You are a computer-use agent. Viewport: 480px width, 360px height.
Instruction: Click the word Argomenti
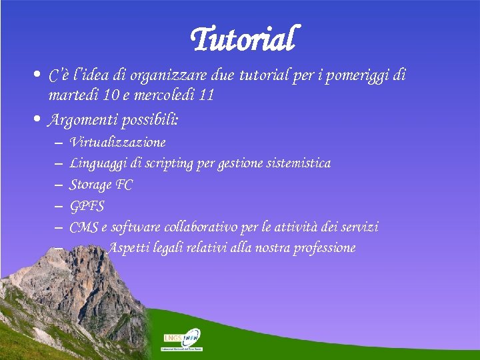click(80, 121)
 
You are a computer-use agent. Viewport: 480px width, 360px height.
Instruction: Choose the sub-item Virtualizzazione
click(117, 143)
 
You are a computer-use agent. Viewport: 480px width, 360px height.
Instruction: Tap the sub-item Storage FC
click(101, 185)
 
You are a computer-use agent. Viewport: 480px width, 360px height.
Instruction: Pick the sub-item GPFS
click(87, 206)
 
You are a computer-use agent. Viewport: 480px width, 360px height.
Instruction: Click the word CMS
click(83, 227)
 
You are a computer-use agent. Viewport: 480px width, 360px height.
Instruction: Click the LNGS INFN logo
click(182, 339)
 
